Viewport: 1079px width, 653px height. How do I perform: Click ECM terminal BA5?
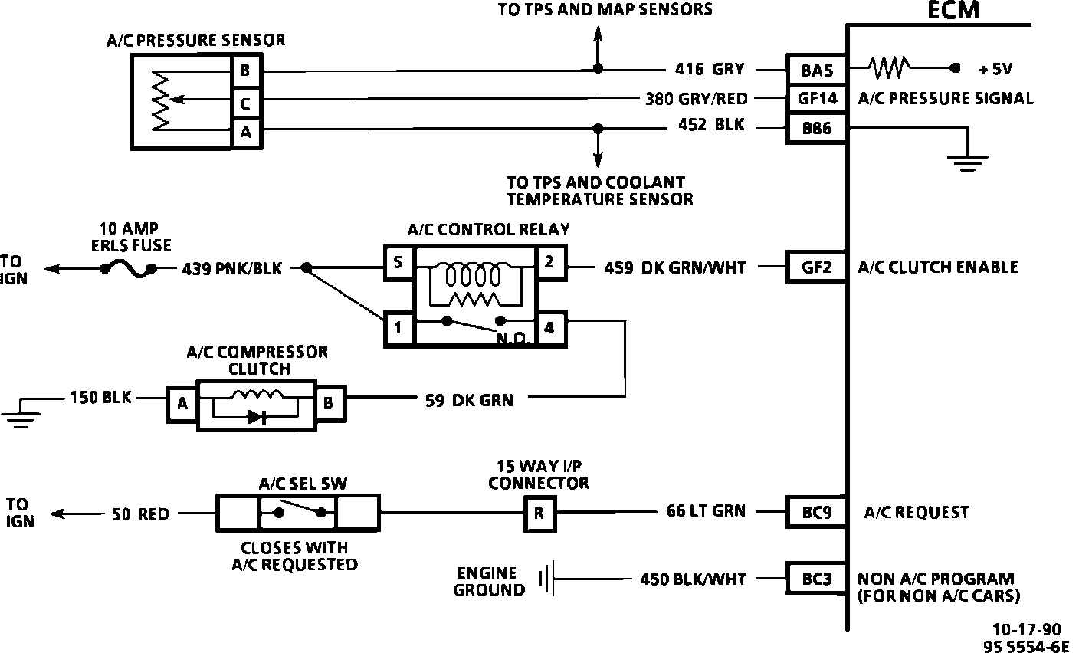point(817,70)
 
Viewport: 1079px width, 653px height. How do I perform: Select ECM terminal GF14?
point(817,98)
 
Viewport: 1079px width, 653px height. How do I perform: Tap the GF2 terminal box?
point(817,267)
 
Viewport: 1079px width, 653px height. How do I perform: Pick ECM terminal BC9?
point(817,512)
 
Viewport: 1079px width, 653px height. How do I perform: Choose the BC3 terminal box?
point(817,579)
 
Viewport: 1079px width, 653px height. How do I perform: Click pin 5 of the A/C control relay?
point(398,262)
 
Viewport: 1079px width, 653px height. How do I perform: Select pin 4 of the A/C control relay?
point(549,328)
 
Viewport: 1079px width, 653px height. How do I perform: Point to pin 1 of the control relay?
point(398,328)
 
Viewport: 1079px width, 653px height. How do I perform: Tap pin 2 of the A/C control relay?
point(549,262)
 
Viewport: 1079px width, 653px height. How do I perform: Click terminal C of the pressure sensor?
point(245,103)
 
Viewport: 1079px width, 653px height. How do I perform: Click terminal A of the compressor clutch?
point(182,403)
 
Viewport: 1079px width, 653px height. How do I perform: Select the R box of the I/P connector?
point(539,513)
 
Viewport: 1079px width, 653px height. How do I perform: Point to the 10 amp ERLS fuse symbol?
point(128,268)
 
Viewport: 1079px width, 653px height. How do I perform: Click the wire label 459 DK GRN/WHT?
point(675,267)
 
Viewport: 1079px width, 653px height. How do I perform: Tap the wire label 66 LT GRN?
point(706,510)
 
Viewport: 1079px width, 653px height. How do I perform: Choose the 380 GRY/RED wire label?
point(696,98)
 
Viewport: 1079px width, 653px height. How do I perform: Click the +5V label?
point(995,69)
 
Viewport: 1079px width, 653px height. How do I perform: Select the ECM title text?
point(953,11)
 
